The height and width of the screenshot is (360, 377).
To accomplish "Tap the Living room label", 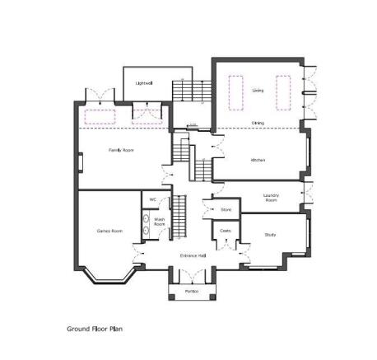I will coord(258,90).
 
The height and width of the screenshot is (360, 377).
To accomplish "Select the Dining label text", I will coord(258,123).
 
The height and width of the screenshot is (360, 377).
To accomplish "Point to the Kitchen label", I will coord(257,159).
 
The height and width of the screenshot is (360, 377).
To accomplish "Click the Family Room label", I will coord(121,150).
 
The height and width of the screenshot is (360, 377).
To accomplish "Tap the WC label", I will coord(152,199).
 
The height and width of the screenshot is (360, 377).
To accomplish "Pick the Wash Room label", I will coord(160,222).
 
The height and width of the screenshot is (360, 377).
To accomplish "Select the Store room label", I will coord(226,210).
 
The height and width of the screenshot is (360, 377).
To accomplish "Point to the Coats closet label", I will coord(226,231).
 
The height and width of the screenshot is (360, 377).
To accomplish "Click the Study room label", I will coord(270,235).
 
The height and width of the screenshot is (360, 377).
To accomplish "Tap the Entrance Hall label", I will coord(193,255).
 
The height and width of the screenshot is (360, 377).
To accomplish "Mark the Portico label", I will coord(192,292).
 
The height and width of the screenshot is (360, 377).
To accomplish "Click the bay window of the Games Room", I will coord(108,277).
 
